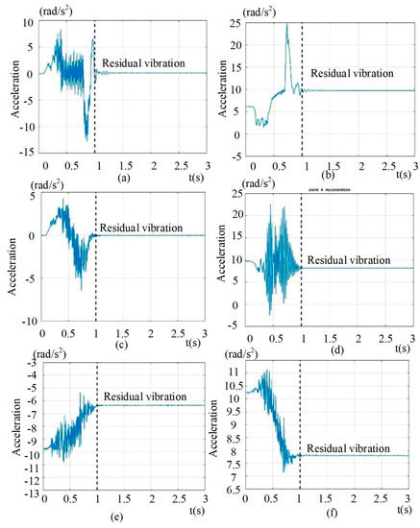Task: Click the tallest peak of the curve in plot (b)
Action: (x=286, y=25)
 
